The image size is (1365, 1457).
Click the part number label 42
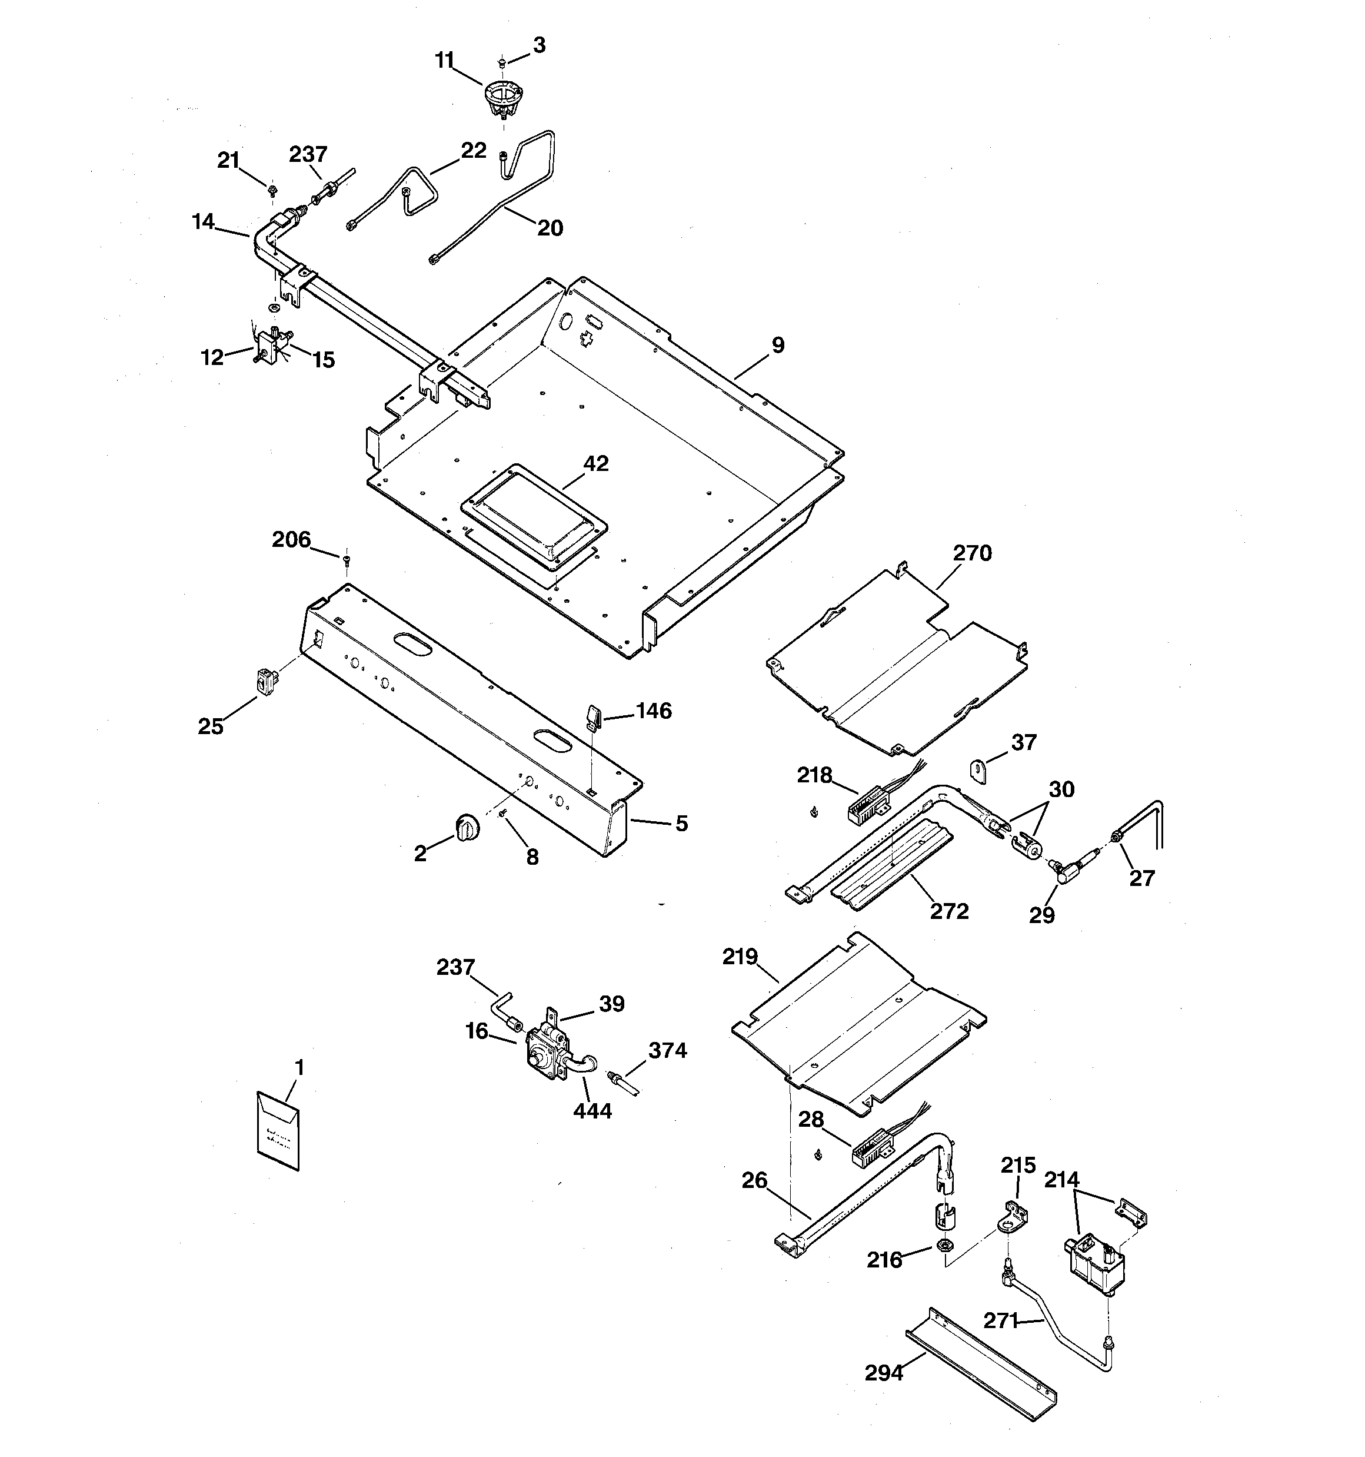tap(595, 463)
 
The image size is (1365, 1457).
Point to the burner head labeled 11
tap(502, 98)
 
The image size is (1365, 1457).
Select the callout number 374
tap(667, 1050)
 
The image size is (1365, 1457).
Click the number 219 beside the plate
tap(740, 957)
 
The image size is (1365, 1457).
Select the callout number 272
tap(949, 911)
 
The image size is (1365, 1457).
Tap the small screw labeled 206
tap(346, 560)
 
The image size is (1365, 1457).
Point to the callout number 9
tap(777, 345)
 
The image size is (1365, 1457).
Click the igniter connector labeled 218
tap(864, 802)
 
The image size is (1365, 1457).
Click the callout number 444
tap(592, 1111)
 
